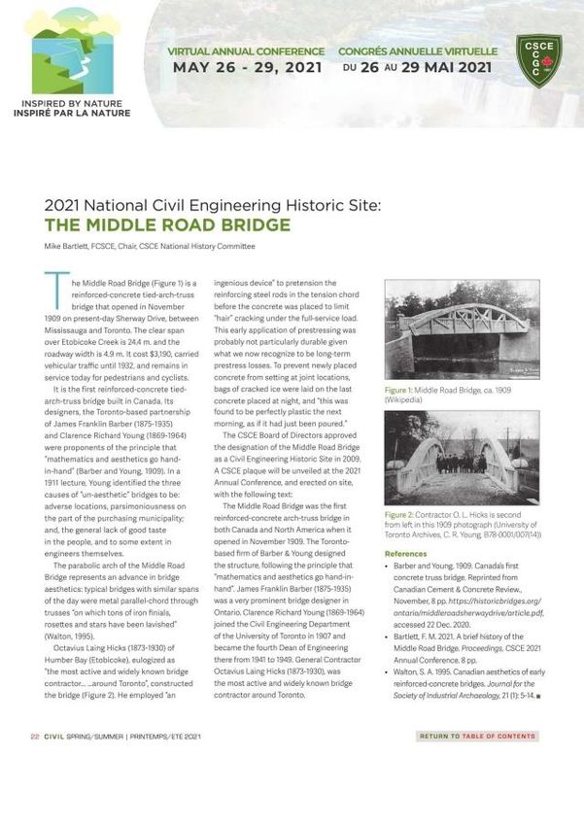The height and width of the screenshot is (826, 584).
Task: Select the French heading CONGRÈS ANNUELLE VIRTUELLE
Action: (x=418, y=51)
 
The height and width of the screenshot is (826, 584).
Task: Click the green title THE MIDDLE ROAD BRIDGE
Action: (x=167, y=225)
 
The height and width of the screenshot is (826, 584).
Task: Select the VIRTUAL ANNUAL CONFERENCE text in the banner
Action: (x=246, y=51)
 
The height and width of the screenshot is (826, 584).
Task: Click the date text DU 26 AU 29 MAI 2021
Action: (x=418, y=68)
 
